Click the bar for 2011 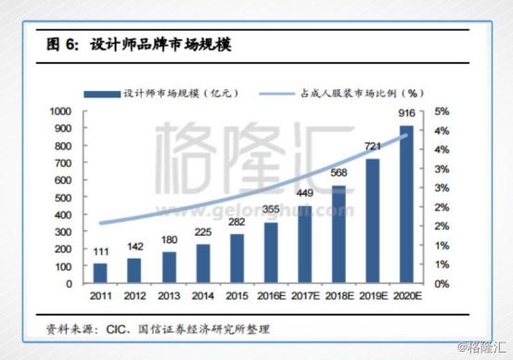(100, 273)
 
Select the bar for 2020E (406, 204)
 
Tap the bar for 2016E (271, 252)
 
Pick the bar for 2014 (203, 264)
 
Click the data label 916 (406, 113)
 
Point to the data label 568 (339, 173)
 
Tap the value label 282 (237, 222)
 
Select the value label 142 (135, 247)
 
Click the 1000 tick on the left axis (60, 111)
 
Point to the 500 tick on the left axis (63, 198)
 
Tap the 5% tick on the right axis (442, 111)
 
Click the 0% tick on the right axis (442, 284)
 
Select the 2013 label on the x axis (169, 296)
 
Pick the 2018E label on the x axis (340, 296)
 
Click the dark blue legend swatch (102, 95)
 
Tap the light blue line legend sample (276, 94)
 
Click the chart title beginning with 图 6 (139, 45)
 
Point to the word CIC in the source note (115, 328)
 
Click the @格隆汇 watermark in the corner (481, 347)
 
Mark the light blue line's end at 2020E (406, 135)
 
